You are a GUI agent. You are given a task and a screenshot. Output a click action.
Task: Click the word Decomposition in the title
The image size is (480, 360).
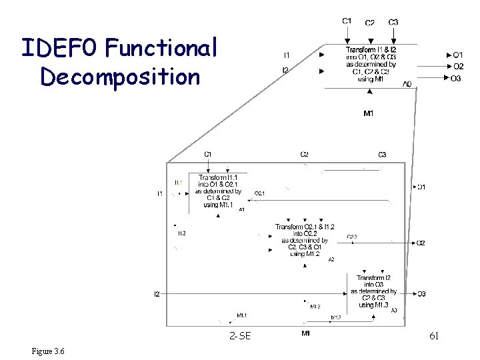point(120,76)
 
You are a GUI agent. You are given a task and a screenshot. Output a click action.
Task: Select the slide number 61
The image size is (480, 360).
point(433,335)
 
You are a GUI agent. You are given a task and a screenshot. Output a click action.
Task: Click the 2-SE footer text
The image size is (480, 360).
point(239,336)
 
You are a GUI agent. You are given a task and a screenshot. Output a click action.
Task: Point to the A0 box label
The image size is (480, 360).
point(407,84)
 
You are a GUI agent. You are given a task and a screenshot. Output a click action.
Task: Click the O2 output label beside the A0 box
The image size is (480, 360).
point(458,66)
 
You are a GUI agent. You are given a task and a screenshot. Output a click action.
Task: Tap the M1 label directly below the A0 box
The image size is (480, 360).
point(368,113)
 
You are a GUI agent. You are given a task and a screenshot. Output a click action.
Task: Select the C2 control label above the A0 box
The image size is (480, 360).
point(370,23)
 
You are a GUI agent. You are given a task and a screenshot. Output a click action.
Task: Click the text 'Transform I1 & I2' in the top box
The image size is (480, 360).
point(371,50)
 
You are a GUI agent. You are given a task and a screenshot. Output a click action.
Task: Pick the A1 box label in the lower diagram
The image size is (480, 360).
point(241,209)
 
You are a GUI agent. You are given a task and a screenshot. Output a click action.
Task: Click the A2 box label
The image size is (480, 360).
point(331,259)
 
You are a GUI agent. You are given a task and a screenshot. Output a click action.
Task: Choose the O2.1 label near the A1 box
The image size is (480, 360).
point(260,193)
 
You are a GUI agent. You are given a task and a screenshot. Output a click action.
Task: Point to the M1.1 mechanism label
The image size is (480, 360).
point(241,315)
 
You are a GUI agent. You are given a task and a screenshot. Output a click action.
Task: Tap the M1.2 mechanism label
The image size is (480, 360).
point(315,307)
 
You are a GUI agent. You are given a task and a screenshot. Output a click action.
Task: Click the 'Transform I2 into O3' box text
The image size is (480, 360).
point(374,281)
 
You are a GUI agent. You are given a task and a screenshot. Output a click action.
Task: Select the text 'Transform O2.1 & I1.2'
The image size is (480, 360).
point(305,227)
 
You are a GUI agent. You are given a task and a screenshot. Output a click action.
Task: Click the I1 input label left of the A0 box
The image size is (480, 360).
point(286,55)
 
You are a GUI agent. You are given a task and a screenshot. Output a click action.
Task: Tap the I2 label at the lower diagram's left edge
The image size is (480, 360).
point(157,293)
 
